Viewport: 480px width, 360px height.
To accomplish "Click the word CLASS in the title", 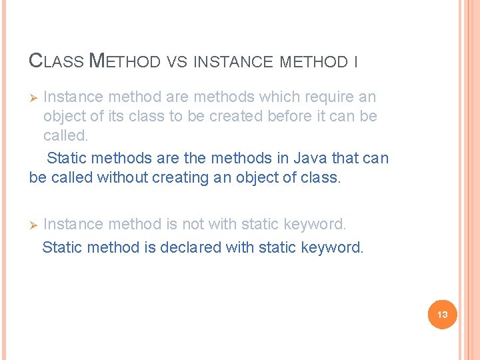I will click(57, 62).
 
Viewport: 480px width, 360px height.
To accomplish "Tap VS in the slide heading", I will click(177, 63).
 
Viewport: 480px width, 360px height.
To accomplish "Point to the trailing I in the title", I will click(356, 63).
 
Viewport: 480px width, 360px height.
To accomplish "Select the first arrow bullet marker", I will click(34, 97).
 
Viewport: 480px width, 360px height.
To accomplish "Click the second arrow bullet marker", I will click(34, 225).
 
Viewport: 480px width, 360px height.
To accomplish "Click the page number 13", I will click(442, 314).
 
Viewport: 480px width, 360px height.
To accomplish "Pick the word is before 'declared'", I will click(150, 247).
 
